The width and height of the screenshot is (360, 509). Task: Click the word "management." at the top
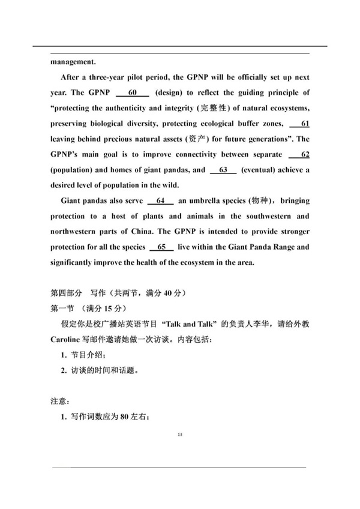click(x=73, y=61)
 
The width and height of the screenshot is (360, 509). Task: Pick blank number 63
click(x=223, y=170)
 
